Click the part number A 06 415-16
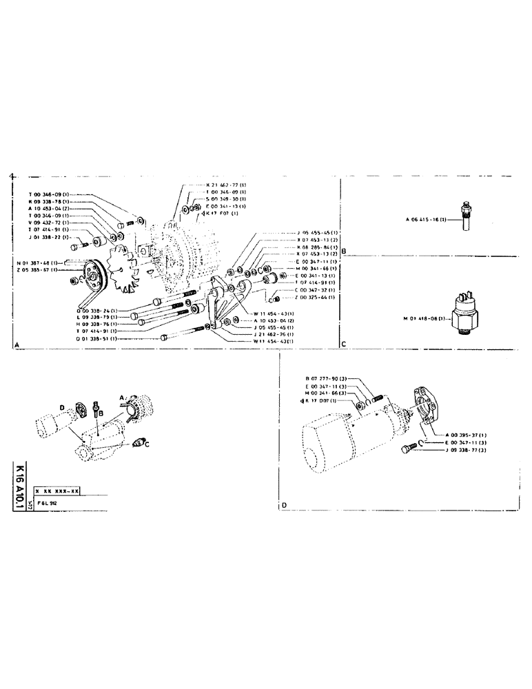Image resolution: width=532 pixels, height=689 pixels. (x=426, y=220)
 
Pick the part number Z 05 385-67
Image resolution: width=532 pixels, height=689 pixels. (x=41, y=270)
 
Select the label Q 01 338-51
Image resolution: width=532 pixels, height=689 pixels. (x=99, y=339)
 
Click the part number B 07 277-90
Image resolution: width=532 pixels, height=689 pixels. (x=328, y=379)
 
